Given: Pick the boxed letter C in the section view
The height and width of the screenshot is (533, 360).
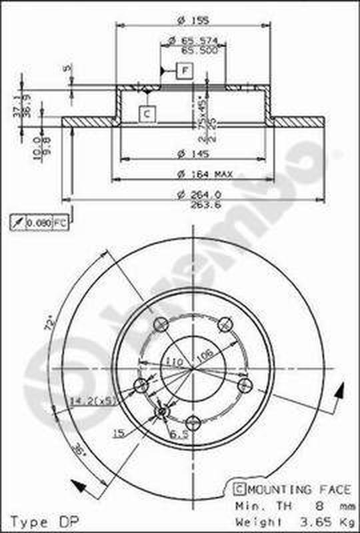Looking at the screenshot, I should click(147, 114).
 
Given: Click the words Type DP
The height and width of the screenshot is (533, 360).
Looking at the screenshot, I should click(39, 521).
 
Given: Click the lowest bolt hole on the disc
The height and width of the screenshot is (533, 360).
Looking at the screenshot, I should click(193, 421).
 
